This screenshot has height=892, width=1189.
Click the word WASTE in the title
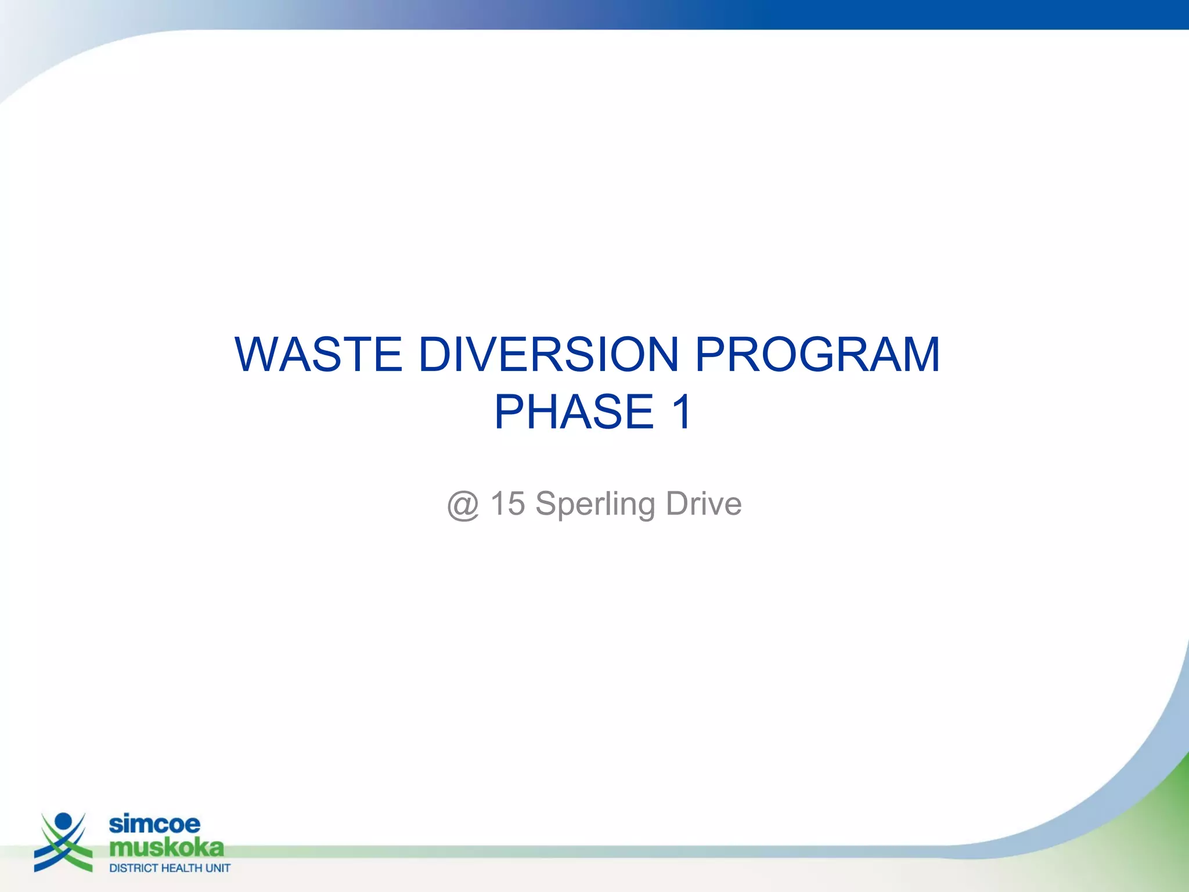coord(318,355)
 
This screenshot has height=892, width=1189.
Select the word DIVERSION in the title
coord(548,355)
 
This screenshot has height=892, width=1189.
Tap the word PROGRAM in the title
coord(817,355)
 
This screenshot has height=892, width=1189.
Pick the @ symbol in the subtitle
coord(463,504)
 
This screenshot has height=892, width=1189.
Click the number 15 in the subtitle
coord(507,503)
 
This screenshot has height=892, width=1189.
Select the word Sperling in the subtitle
coord(595,504)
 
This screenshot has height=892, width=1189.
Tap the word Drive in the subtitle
coord(704,503)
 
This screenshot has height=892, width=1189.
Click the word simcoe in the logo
coord(154,824)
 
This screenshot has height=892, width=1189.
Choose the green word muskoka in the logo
coord(167,848)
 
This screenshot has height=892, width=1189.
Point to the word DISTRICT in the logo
coord(134,868)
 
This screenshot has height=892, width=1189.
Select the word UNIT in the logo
coord(218,868)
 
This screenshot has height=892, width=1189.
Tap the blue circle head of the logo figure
coord(63,822)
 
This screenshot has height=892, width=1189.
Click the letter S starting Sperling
coord(547,503)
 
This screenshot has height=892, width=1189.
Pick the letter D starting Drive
coord(677,503)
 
